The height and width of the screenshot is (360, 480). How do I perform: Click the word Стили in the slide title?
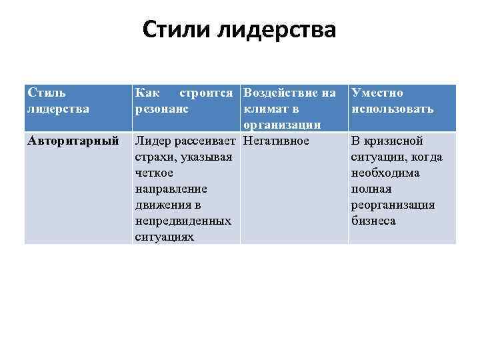coord(172,31)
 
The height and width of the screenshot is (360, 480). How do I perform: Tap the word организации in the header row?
coord(283,125)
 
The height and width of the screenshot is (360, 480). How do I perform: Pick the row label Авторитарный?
coord(73,141)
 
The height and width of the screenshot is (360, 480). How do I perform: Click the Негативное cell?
coord(277,141)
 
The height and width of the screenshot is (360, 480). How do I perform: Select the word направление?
coord(171,189)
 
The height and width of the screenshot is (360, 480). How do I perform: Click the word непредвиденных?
coord(183,221)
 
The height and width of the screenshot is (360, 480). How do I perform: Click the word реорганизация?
coord(393,205)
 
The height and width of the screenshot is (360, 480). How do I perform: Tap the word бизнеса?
coord(373,221)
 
